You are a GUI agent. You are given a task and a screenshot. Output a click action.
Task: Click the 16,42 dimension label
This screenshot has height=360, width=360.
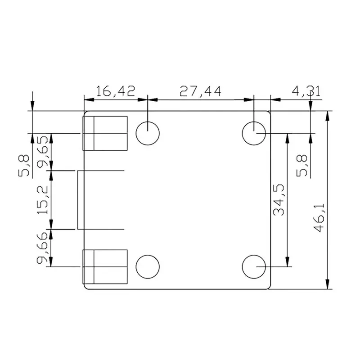(115, 91)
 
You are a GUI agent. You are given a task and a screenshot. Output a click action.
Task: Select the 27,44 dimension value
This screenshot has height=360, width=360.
(200, 91)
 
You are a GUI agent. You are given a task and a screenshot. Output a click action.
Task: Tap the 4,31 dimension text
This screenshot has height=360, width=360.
(306, 91)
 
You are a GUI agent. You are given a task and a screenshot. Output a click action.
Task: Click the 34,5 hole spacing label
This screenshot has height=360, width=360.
(279, 200)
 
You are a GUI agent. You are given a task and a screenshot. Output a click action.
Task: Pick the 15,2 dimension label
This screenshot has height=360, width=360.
(42, 199)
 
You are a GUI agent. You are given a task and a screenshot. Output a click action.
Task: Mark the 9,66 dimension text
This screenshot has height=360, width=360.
(42, 248)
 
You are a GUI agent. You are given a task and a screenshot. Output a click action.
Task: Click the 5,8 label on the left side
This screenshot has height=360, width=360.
(24, 166)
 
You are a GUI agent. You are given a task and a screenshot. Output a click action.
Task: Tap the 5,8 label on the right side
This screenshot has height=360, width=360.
(301, 166)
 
